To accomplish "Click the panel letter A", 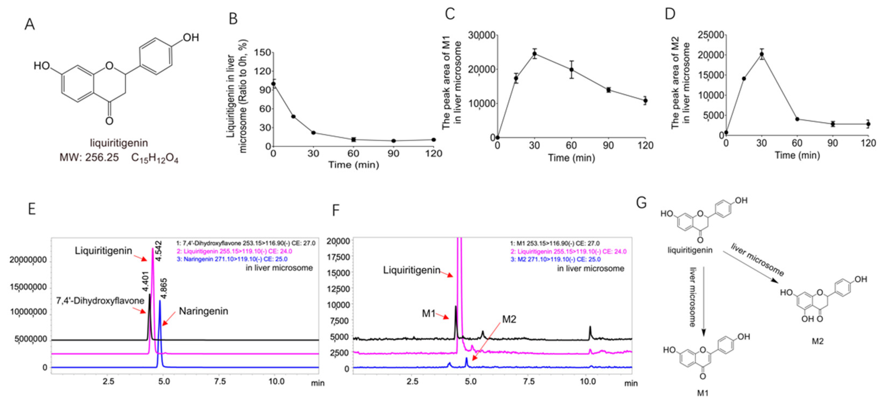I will [x=30, y=25].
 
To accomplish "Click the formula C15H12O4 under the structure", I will [x=155, y=158].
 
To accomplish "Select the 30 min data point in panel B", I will [x=313, y=133].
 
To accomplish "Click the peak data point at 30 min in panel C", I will [x=534, y=54].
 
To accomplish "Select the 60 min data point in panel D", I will [x=797, y=119].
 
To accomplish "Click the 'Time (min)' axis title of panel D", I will [x=797, y=155].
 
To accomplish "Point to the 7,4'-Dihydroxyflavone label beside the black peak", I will [x=100, y=301].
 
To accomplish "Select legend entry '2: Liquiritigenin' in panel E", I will [x=234, y=251].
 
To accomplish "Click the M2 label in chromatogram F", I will [x=509, y=319].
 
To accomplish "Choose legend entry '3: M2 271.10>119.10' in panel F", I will [x=555, y=259].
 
